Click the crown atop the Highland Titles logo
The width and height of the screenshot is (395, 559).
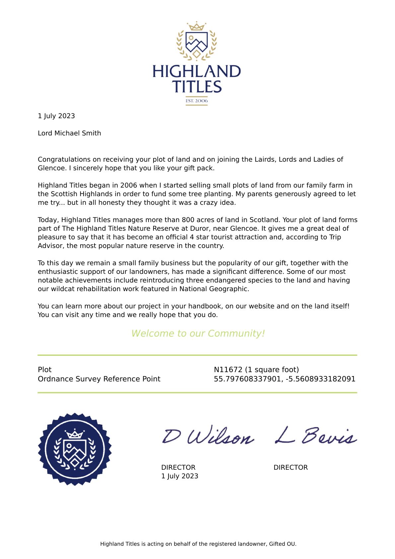click(x=196, y=26)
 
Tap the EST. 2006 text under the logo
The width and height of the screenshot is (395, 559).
click(x=197, y=101)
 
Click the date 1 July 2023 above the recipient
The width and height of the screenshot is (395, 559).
click(x=56, y=116)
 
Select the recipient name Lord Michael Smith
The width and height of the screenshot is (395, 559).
click(x=69, y=133)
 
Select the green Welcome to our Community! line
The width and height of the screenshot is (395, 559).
click(x=198, y=333)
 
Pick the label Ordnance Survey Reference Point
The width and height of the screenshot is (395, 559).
click(x=99, y=379)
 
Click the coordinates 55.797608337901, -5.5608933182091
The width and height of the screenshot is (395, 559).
click(x=285, y=379)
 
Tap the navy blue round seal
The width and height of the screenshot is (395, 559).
click(x=75, y=449)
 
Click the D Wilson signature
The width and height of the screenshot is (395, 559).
click(x=208, y=436)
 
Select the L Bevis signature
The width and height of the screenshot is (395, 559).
click(x=316, y=436)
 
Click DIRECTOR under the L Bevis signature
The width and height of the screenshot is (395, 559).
click(x=291, y=467)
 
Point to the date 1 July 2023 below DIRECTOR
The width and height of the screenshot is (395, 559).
click(x=180, y=476)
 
